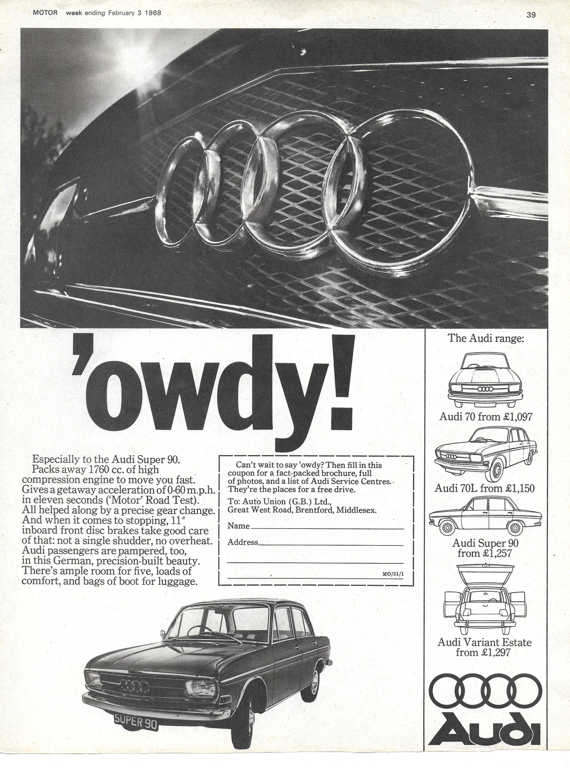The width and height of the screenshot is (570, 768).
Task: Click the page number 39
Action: (531, 15)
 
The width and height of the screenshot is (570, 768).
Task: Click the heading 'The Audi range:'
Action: (486, 338)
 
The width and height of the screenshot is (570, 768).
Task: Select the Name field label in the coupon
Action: (239, 526)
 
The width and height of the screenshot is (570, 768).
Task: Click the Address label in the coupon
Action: (243, 542)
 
